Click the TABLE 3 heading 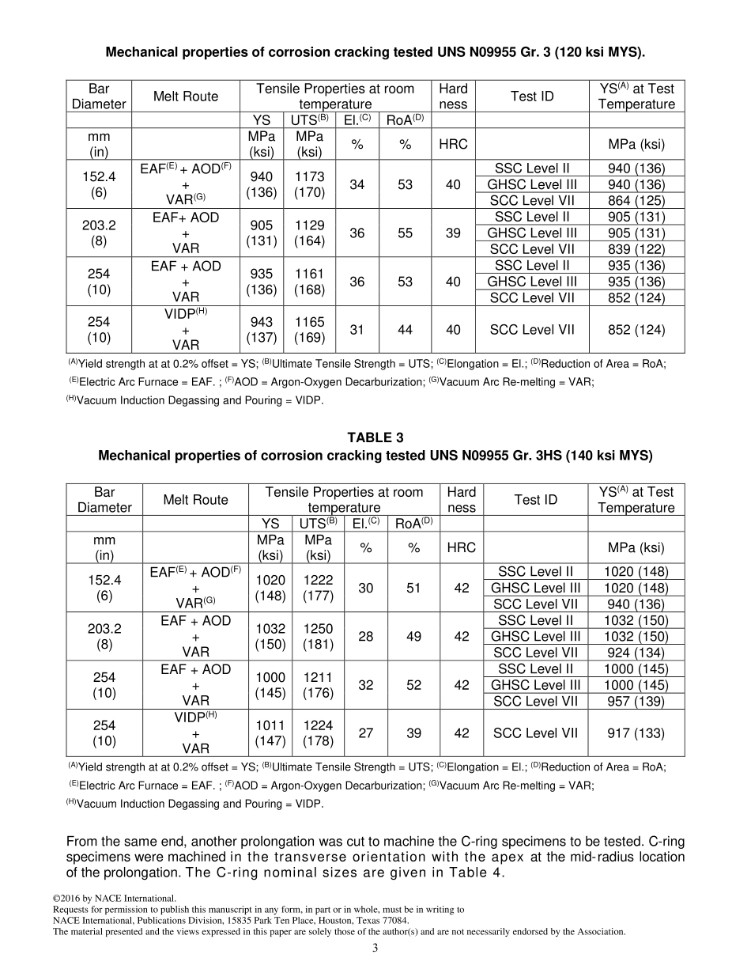(x=375, y=437)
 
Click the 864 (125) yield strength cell (x=636, y=201)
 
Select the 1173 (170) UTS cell (x=310, y=184)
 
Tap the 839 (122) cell (x=636, y=249)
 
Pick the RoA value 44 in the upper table (x=405, y=330)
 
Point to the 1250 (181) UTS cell (x=318, y=636)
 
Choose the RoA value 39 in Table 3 (x=413, y=733)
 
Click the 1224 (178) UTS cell (x=318, y=733)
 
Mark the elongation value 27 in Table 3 (x=366, y=733)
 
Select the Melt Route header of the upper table (x=186, y=97)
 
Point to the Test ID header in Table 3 (x=536, y=500)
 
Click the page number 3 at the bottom (x=375, y=948)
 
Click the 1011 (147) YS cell (x=270, y=733)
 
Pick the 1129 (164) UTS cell (x=310, y=233)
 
